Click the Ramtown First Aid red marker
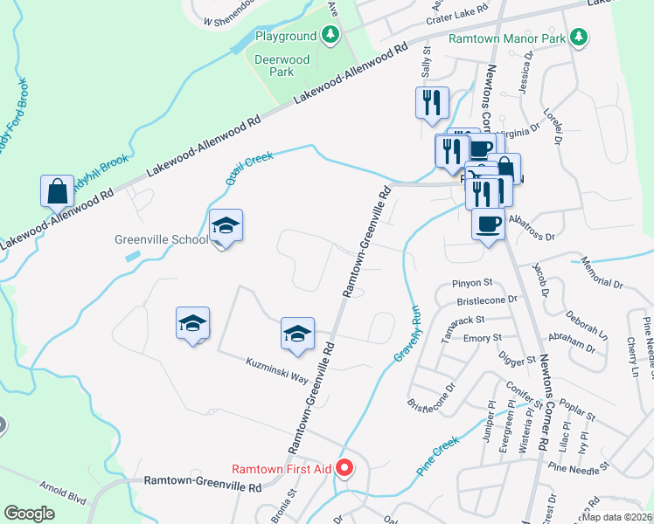pyautogui.click(x=344, y=469)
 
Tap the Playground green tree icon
pyautogui.click(x=330, y=36)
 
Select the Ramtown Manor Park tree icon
pyautogui.click(x=577, y=38)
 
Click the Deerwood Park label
pyautogui.click(x=274, y=65)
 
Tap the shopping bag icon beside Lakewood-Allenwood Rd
pyautogui.click(x=57, y=190)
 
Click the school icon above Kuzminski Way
pyautogui.click(x=297, y=334)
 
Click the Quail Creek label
pyautogui.click(x=249, y=168)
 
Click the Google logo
pyautogui.click(x=29, y=513)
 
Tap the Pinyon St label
pyautogui.click(x=473, y=283)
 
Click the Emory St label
pyautogui.click(x=483, y=337)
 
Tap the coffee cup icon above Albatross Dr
pyautogui.click(x=488, y=224)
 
